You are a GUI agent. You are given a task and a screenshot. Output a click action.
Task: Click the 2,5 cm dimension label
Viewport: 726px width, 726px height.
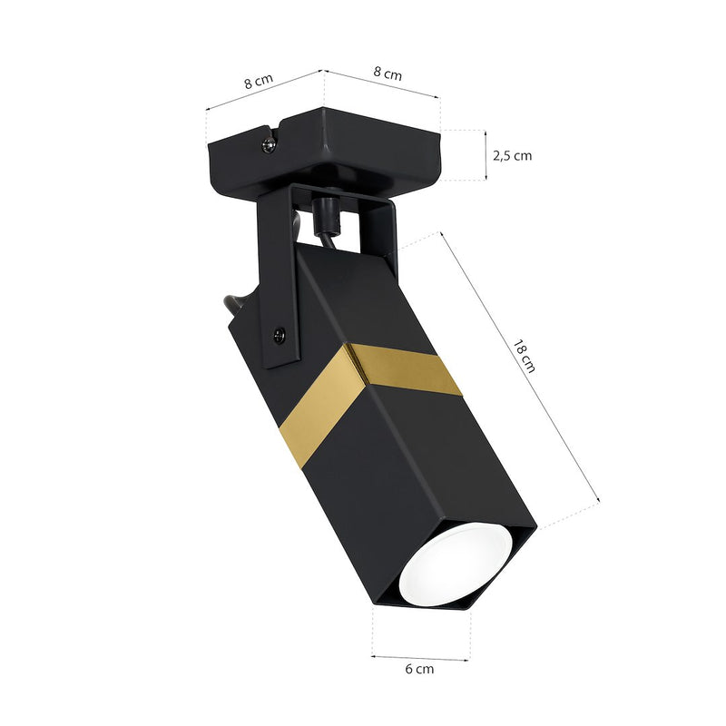[x=512, y=155]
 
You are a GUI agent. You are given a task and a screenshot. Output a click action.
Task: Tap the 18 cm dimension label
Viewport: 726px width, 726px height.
[x=525, y=357]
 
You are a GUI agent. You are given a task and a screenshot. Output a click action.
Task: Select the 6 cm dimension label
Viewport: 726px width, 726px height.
[x=419, y=669]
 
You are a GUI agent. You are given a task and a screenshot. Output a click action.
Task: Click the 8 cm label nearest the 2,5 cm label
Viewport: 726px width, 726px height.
[x=388, y=74]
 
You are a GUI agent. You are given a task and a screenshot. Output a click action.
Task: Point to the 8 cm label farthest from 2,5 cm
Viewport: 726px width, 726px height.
[x=258, y=81]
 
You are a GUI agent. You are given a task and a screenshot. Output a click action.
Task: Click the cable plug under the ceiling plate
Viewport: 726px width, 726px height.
[x=324, y=217]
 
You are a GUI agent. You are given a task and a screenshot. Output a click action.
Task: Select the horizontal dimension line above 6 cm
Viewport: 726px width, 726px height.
[x=420, y=655]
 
